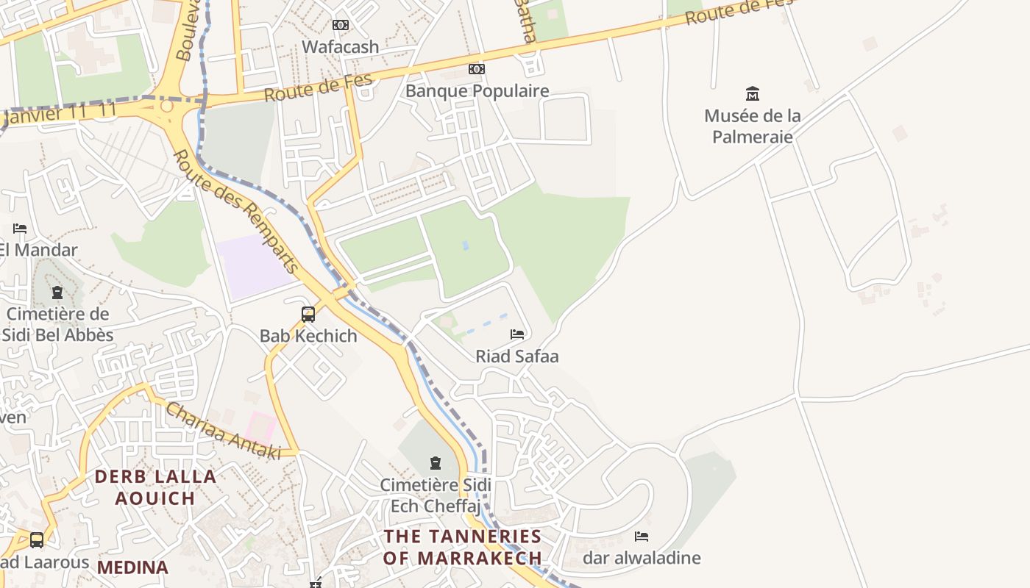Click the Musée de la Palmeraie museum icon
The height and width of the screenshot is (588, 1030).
pos(752,94)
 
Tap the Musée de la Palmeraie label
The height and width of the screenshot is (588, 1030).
pos(752,126)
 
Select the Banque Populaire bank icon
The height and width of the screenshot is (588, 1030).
pos(477,69)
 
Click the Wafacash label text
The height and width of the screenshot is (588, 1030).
pos(341,47)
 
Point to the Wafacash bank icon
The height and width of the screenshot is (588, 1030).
pos(341,25)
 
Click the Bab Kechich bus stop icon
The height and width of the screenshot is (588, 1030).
pos(308,315)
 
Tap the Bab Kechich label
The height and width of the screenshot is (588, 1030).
pos(308,336)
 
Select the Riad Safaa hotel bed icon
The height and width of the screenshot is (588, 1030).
pos(517,334)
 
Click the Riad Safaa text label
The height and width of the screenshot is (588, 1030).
pos(517,356)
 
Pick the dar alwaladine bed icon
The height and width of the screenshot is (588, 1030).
pos(642,537)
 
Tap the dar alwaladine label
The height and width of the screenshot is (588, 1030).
pos(642,558)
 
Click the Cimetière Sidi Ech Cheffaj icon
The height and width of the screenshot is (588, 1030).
pos(436,463)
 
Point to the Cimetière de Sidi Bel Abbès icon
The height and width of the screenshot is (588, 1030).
pos(57,293)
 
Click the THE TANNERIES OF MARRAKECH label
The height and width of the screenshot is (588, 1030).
pos(462,547)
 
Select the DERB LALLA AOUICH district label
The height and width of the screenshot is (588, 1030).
pos(155,487)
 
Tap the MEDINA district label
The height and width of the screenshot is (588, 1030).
pos(132,567)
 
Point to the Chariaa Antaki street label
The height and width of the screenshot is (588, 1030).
pos(223,431)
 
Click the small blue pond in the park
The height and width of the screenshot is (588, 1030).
pos(465,245)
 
